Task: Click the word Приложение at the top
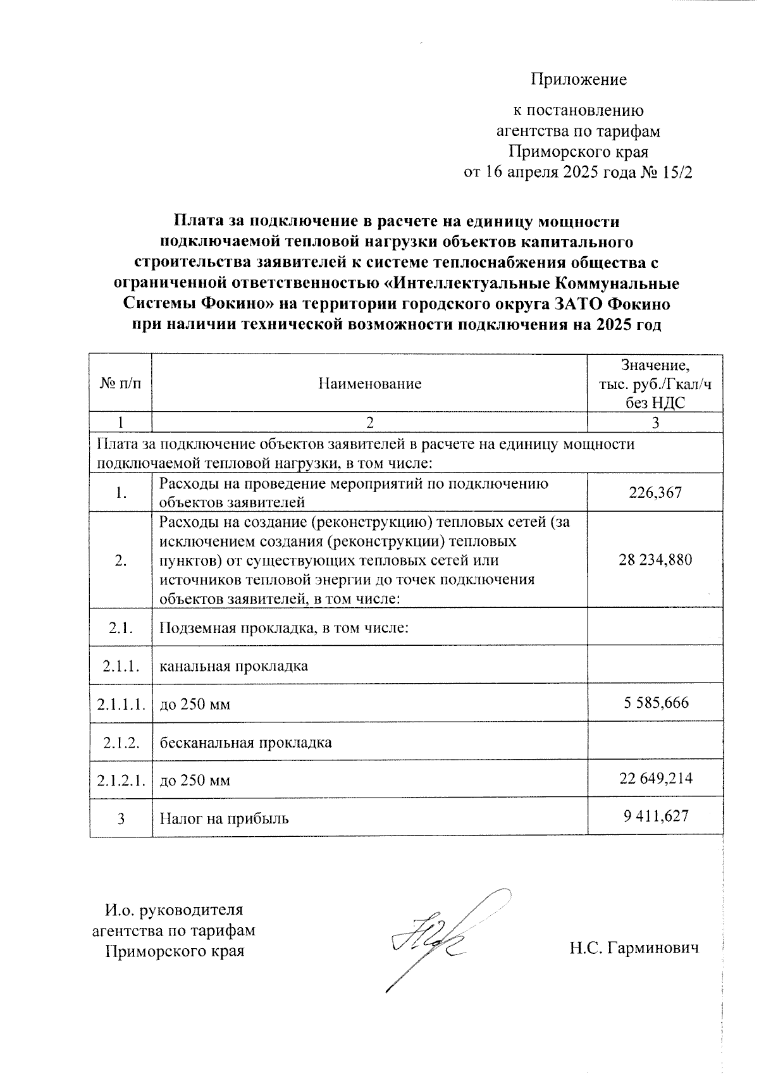coord(578,80)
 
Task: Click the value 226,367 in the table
coord(655,493)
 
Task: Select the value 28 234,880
coord(655,560)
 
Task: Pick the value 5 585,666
coord(655,703)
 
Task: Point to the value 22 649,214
coord(655,778)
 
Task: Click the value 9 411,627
coord(655,816)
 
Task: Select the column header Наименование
coord(369,384)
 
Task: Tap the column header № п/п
coord(121,384)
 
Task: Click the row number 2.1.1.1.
coord(121,703)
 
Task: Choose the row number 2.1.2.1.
coord(121,780)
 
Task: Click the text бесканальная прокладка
coord(245,742)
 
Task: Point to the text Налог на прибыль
coord(224,818)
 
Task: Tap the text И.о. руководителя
coord(173,910)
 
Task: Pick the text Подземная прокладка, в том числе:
coord(284,628)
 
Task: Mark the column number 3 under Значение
coord(655,423)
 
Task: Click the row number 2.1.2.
coord(121,742)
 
